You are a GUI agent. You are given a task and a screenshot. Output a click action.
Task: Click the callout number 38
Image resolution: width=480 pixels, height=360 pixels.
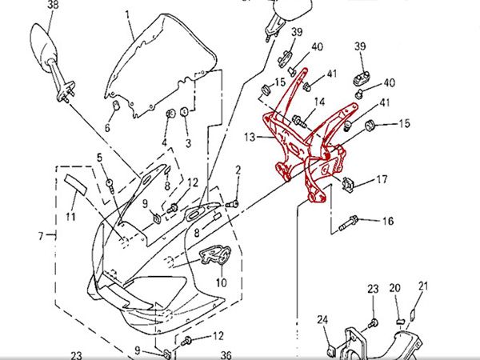tap(54, 6)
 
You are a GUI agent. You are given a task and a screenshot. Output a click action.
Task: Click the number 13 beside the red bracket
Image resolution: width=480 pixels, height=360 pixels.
tap(250, 138)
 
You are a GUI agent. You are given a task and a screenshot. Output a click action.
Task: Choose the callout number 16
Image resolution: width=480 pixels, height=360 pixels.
tap(387, 221)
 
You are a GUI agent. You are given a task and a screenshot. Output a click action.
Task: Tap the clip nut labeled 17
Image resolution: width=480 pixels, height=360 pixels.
tap(350, 185)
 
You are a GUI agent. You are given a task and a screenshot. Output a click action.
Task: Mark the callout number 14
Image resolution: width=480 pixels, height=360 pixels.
tap(319, 102)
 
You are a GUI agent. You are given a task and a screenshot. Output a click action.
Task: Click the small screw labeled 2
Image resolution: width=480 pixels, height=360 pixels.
tap(232, 204)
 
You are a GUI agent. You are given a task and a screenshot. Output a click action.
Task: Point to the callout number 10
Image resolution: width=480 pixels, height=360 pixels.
tap(221, 282)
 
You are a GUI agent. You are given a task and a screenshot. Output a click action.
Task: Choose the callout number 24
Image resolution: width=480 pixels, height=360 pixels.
tap(322, 321)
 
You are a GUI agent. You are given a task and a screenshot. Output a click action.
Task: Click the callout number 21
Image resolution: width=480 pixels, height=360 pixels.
tap(424, 286)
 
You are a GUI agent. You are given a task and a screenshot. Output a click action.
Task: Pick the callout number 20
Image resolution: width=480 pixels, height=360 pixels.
tap(395, 288)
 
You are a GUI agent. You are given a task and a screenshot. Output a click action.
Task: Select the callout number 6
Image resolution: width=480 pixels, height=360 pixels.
tap(108, 126)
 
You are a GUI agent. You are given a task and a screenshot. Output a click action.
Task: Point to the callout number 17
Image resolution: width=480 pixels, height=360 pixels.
tap(382, 179)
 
